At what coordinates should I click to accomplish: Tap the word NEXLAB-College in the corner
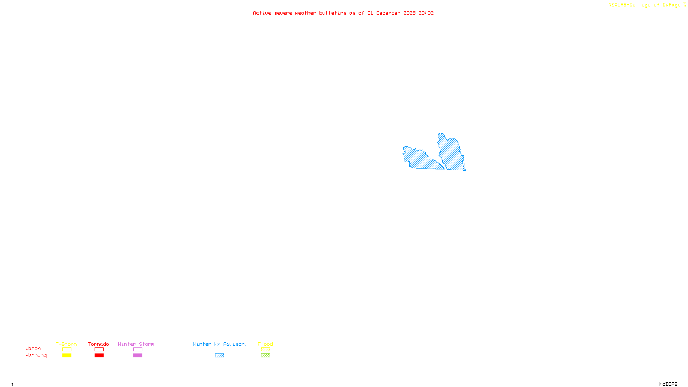629,5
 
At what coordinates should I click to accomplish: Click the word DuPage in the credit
671,5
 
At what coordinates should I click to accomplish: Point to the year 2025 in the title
409,13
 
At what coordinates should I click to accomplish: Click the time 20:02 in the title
426,13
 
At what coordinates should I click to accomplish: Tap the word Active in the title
262,13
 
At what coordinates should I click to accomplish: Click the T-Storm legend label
66,344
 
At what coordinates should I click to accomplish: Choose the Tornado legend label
98,344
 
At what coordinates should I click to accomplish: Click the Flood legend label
265,344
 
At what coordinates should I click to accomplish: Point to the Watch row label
33,349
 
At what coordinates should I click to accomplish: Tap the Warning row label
36,355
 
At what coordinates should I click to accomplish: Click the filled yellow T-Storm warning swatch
67,356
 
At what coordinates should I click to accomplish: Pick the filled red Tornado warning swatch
99,356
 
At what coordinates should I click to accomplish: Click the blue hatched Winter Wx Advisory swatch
219,356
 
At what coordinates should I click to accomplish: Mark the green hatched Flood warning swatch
265,356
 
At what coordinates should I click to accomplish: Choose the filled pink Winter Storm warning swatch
138,356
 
